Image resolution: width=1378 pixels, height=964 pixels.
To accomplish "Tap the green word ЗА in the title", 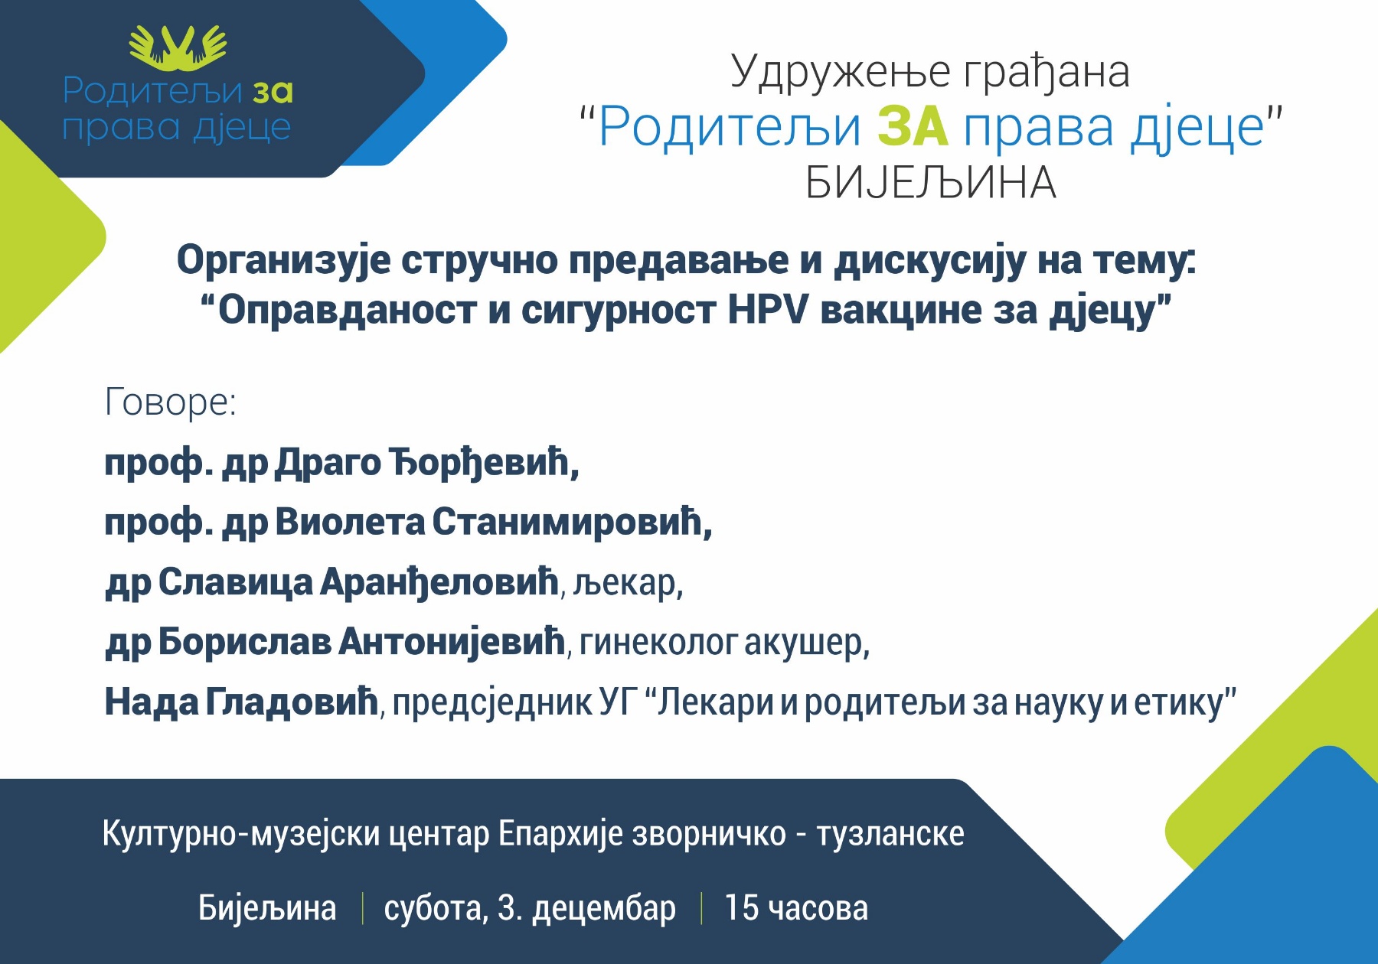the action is tap(913, 126).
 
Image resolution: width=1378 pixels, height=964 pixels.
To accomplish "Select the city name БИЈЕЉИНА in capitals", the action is tap(931, 184).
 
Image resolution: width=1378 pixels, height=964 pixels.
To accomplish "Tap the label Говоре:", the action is tap(171, 402).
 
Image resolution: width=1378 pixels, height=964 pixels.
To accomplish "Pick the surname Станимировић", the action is tap(572, 523).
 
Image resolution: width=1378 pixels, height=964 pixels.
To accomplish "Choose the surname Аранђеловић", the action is tap(439, 583).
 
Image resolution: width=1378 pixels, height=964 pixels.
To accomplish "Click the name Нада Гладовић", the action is tap(242, 702).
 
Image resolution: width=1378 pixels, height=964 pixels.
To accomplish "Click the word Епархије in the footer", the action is tap(560, 834).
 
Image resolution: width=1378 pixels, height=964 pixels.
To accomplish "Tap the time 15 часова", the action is tap(796, 908).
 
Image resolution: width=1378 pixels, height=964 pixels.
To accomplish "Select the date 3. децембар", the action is tap(586, 909).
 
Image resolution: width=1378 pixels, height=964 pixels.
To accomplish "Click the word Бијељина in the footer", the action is tap(267, 909).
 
